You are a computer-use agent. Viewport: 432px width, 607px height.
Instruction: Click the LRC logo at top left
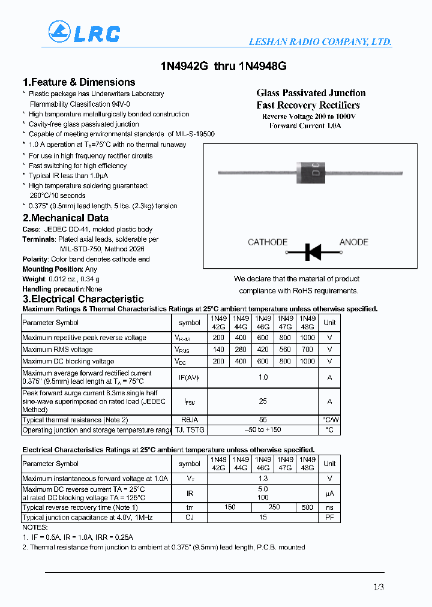pos(84,32)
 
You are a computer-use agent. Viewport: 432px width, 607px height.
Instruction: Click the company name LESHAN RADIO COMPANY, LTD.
pos(320,42)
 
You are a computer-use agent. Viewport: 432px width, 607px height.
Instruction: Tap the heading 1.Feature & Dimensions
pos(79,82)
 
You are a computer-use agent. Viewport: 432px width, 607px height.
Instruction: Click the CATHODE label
pos(268,242)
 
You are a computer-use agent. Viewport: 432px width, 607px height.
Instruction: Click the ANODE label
pos(353,242)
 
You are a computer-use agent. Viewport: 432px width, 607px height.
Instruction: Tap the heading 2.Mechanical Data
pos(65,218)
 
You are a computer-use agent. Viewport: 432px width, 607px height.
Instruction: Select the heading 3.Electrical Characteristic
pos(83,299)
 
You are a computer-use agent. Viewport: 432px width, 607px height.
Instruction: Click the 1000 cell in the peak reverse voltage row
pos(307,338)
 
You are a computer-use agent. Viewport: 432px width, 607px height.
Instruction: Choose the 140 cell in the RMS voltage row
pos(218,349)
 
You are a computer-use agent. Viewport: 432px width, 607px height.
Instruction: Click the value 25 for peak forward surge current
pos(263,401)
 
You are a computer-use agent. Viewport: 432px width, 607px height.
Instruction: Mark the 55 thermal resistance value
pos(263,420)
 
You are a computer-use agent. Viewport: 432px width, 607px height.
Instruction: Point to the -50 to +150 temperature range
pos(263,430)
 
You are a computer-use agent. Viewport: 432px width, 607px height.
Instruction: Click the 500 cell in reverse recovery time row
pos(307,507)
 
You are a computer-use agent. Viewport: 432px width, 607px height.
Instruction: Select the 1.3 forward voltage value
pos(263,479)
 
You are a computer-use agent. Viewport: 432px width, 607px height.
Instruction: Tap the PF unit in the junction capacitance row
pos(329,517)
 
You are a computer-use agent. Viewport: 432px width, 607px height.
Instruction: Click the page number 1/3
pos(378,587)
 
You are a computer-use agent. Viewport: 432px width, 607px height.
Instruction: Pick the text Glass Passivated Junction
pos(311,93)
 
